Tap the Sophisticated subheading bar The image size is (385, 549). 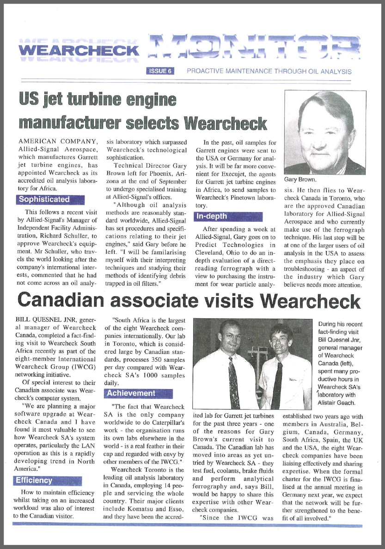coord(50,200)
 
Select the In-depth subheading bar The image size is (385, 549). coord(228,216)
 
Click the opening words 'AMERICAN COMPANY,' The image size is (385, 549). coord(58,141)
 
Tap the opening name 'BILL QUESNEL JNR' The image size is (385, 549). coord(49,320)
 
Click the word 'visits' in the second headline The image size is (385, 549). coord(232,301)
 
